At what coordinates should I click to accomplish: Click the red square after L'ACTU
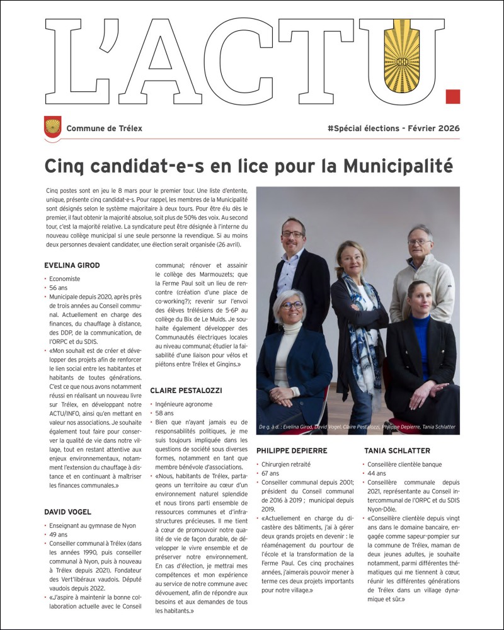pos(452,96)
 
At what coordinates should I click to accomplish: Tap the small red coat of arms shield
pos(52,127)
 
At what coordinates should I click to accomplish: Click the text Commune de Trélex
pos(104,129)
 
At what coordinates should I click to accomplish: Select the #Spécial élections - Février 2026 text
pos(393,129)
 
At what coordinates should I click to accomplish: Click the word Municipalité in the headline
pos(398,166)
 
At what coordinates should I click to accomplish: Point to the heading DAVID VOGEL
pos(67,512)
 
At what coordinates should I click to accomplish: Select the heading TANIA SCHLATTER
pos(397,451)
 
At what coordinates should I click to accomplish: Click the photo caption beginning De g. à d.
pos(357,427)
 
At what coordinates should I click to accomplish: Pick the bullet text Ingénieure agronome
pos(183,404)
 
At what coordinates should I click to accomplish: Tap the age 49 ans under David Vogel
pos(58,534)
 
